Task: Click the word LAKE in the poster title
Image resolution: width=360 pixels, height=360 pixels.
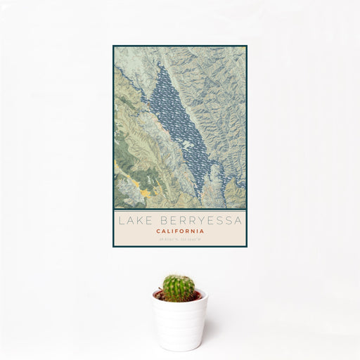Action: [x=134, y=221]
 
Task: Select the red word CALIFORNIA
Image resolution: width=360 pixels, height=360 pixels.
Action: [x=180, y=231]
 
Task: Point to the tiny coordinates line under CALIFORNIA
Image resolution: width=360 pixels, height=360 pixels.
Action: [x=180, y=239]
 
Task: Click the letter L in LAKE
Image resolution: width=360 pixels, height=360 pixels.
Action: [x=121, y=221]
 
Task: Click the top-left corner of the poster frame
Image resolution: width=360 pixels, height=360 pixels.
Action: [x=114, y=46]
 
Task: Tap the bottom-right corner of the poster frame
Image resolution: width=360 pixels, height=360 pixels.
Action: [x=246, y=246]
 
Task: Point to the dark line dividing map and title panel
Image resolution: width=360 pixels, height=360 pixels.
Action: [x=180, y=210]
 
